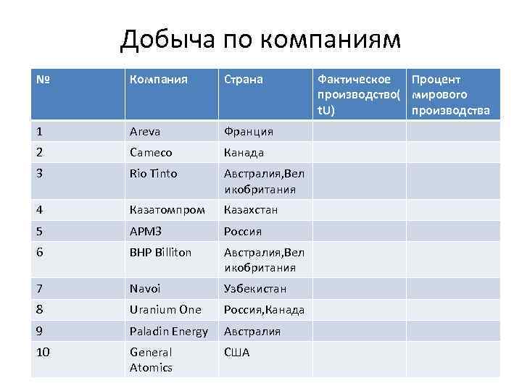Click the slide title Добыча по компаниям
(260, 39)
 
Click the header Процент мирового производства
(450, 95)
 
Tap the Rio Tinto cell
(153, 174)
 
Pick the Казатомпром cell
(167, 210)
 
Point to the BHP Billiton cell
(160, 253)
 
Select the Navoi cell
(146, 288)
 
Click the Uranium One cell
(165, 310)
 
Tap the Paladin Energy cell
(168, 331)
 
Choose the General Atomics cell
(151, 360)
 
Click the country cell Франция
(249, 131)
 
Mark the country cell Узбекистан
(255, 288)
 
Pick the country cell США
(236, 353)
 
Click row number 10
(42, 353)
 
